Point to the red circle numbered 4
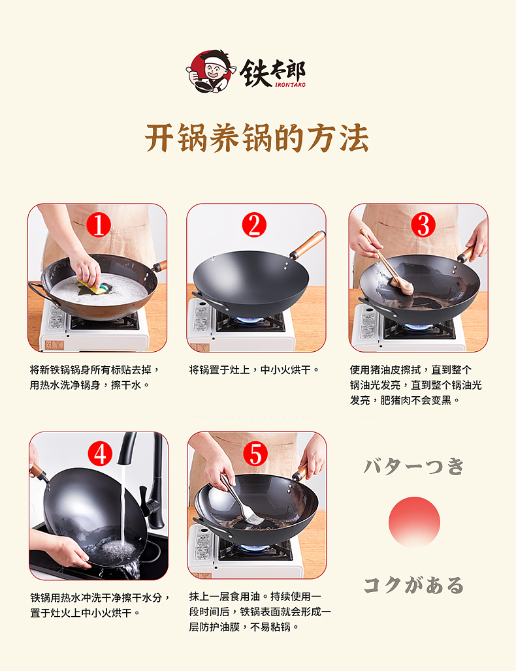[99, 453]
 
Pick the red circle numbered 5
[255, 453]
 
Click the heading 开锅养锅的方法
[257, 138]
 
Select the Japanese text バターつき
[414, 466]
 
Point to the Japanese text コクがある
[414, 585]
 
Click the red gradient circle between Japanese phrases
[414, 522]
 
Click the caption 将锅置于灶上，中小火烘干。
[254, 369]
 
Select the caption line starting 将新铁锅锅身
[95, 369]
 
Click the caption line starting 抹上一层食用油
[255, 597]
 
